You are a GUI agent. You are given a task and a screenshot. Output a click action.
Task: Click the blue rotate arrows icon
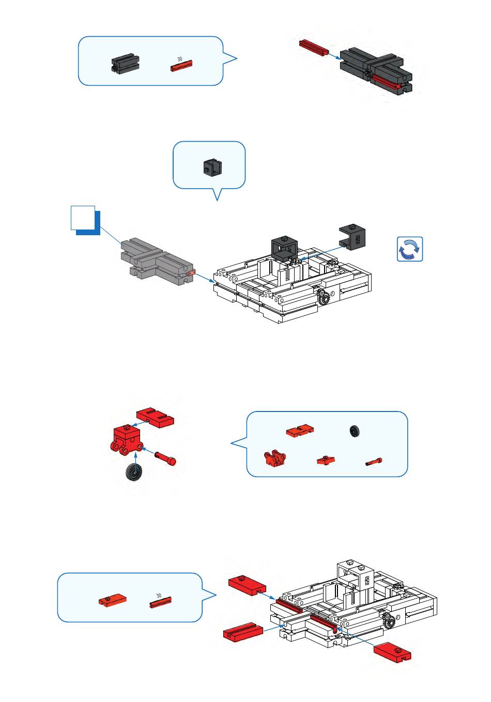click(410, 249)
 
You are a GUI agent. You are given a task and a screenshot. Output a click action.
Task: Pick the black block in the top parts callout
click(126, 64)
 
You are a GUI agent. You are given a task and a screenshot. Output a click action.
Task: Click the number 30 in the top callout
click(179, 59)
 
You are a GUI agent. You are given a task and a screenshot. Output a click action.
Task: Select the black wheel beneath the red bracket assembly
click(135, 472)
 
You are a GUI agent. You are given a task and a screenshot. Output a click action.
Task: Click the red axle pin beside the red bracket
click(165, 457)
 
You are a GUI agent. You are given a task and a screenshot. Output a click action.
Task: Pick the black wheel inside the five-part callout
click(355, 431)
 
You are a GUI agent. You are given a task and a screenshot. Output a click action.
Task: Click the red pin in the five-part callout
click(374, 462)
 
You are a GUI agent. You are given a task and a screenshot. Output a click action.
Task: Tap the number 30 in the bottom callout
click(159, 596)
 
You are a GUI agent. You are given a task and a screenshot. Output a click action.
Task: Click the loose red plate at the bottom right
click(393, 652)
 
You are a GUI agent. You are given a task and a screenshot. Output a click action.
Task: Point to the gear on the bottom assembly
click(389, 620)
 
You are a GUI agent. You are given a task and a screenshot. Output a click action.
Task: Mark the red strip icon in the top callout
click(181, 65)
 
